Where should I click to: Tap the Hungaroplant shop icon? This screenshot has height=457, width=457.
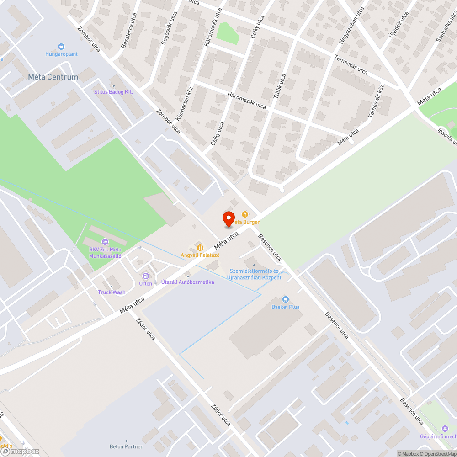[61, 46]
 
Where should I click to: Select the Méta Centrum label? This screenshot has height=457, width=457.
[53, 77]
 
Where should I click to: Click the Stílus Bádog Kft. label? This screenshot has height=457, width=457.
[113, 92]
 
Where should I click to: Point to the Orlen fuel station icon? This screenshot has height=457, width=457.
[146, 276]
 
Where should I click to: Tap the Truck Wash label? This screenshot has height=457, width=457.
[112, 292]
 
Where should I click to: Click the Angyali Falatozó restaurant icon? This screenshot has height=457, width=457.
[199, 247]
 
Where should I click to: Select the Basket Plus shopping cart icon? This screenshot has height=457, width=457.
[286, 299]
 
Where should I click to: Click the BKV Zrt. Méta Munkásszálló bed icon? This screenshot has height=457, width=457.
[105, 241]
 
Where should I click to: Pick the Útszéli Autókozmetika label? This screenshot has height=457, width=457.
[187, 282]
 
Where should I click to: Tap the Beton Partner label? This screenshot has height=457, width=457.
[126, 446]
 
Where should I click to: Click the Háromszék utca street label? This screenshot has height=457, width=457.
[247, 100]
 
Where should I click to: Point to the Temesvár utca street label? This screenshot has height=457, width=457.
[351, 65]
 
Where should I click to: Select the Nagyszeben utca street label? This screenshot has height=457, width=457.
[351, 26]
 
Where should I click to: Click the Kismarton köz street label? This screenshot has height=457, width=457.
[185, 106]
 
